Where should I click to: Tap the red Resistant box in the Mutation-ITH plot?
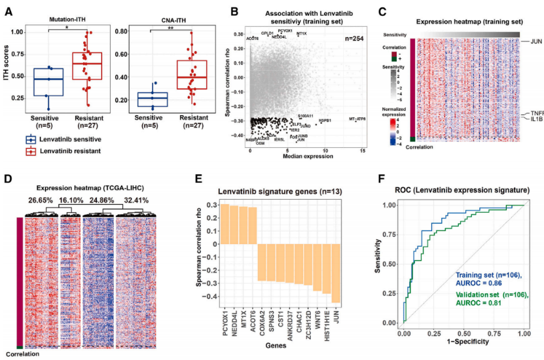pos(97,65)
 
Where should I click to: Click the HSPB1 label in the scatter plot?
pos(325,120)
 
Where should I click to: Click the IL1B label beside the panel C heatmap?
pos(537,120)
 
